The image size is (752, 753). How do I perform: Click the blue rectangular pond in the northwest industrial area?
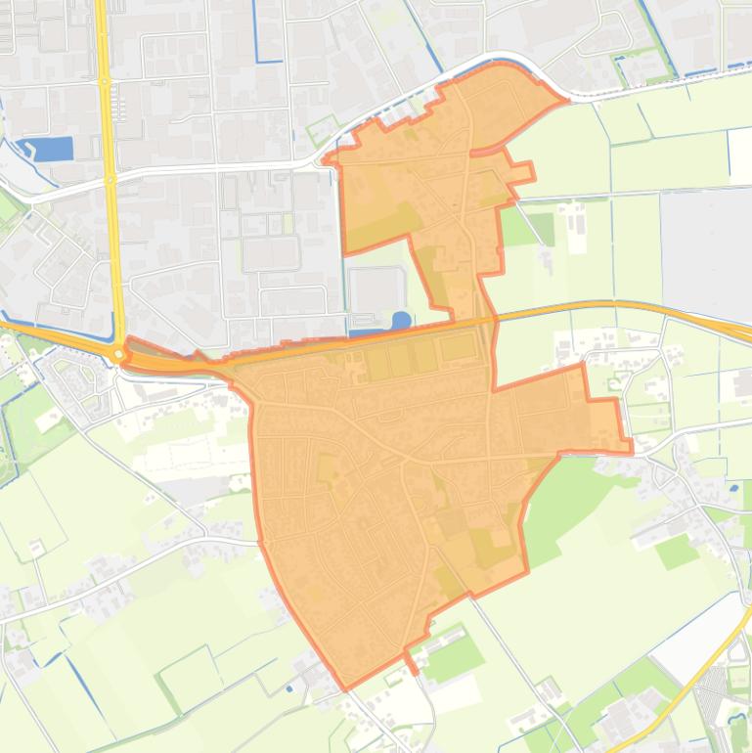[x=56, y=149]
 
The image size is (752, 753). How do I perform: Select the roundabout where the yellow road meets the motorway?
[x=118, y=353]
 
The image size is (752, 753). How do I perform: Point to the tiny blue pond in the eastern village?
[x=733, y=486]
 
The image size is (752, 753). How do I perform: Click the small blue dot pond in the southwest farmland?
[x=288, y=688]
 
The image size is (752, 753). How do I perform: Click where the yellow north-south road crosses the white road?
[x=111, y=176]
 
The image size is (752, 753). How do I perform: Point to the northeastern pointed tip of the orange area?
[x=566, y=100]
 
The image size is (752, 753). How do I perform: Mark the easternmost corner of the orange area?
[x=630, y=450]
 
